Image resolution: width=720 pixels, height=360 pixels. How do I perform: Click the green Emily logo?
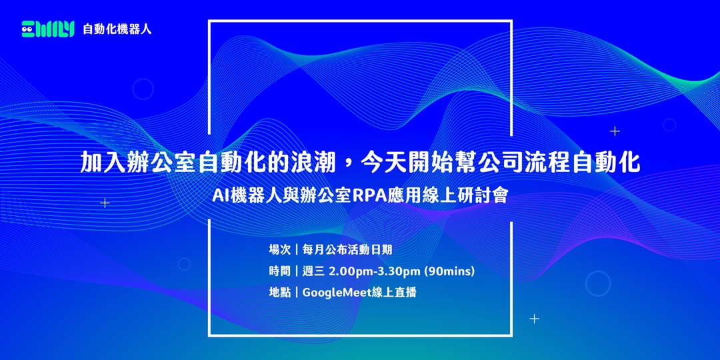[47, 29]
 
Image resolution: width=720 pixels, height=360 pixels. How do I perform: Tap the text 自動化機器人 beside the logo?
[117, 29]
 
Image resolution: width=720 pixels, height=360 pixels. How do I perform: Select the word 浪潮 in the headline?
[318, 162]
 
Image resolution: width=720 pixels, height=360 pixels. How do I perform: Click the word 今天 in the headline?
[389, 162]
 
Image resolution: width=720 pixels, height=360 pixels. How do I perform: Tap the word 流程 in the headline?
[545, 162]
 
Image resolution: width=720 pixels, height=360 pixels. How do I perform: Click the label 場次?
[279, 250]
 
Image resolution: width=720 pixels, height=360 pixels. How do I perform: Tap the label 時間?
[279, 271]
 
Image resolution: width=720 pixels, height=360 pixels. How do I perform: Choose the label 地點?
[279, 292]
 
